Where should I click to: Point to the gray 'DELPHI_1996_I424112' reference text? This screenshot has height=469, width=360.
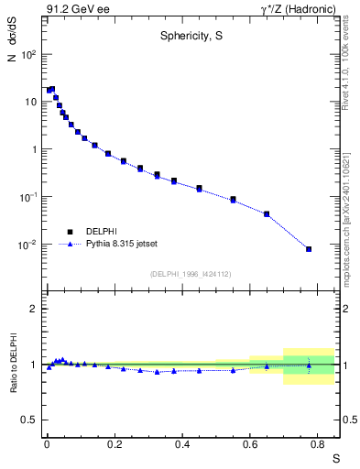point(190,274)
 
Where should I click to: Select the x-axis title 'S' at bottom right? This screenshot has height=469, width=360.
point(335,458)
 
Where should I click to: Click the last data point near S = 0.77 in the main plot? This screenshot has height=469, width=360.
point(309,249)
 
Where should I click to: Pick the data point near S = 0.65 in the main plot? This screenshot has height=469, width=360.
point(267,214)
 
